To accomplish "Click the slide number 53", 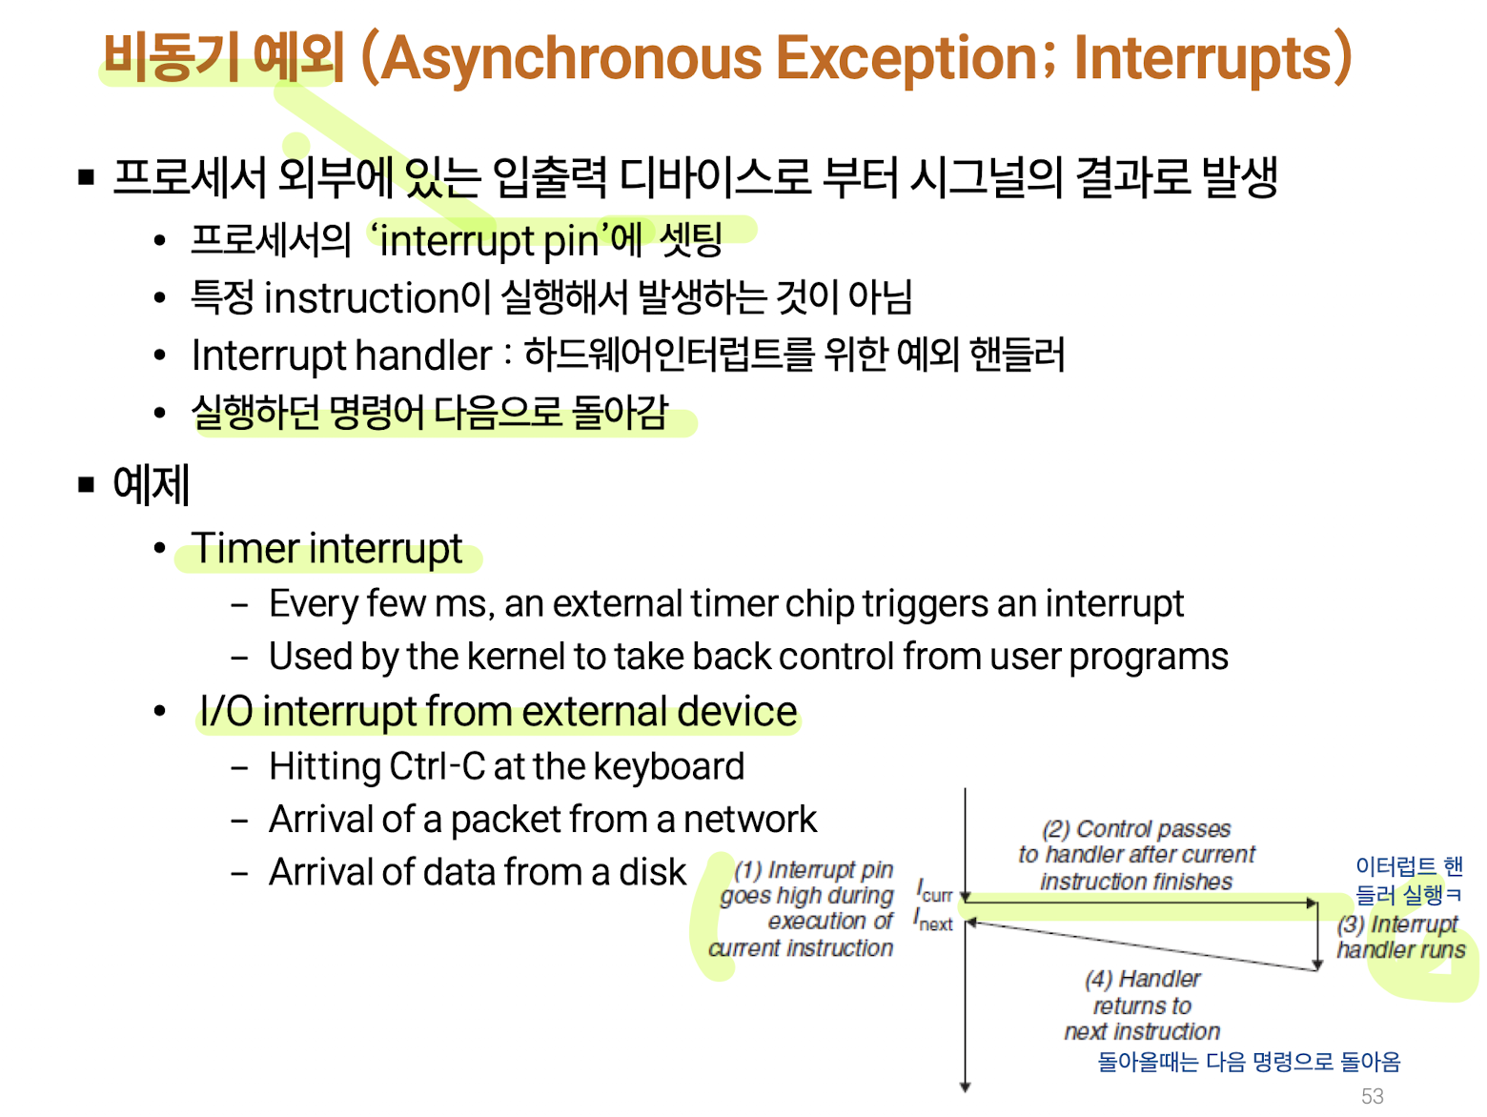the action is [1372, 1095].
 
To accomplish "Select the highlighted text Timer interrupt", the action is [327, 549].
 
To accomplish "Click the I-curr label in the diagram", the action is [934, 890].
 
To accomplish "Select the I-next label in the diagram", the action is [933, 919].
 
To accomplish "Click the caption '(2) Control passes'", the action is [1135, 829].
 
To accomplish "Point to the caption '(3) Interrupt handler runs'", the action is [1399, 937].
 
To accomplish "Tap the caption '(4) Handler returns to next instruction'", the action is [1142, 1005].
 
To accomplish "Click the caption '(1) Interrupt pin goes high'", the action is [806, 883].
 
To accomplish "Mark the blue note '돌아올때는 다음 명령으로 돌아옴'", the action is [1249, 1062].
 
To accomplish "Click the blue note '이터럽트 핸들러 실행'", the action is [1409, 880].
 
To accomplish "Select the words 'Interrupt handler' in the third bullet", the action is [341, 355].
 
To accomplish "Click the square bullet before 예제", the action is [86, 484].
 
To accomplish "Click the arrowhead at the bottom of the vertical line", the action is [966, 1087].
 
